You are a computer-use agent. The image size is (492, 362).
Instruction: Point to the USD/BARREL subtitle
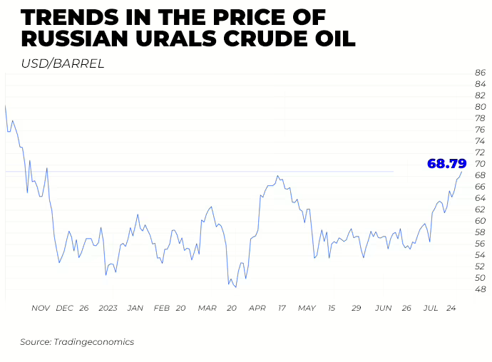click(x=63, y=63)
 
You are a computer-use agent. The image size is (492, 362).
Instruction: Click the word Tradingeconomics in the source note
click(x=93, y=342)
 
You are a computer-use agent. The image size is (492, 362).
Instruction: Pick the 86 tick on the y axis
click(x=480, y=73)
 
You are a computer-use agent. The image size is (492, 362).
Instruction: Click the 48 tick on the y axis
click(x=480, y=289)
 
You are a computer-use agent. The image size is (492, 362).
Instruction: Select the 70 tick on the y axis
click(x=480, y=164)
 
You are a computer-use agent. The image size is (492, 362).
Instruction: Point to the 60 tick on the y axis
click(x=480, y=221)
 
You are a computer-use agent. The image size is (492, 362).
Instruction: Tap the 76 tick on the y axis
click(x=480, y=130)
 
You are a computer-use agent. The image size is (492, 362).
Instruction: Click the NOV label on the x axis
click(x=41, y=308)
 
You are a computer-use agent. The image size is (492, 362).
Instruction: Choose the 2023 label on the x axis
click(x=108, y=308)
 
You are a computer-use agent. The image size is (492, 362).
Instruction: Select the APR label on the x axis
click(x=257, y=308)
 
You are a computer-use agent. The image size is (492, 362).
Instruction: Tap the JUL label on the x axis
click(x=430, y=308)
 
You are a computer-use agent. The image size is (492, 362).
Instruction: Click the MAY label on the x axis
click(x=307, y=308)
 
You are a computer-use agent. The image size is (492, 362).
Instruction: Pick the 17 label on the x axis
click(x=282, y=308)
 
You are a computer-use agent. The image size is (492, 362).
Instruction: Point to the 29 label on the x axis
click(x=356, y=308)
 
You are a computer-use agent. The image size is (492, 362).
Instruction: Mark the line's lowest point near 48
click(x=235, y=287)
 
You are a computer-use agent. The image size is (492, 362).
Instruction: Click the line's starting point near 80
click(x=6, y=106)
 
